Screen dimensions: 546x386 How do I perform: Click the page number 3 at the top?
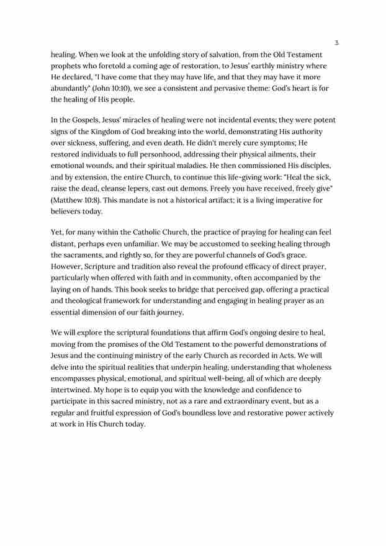click(x=336, y=43)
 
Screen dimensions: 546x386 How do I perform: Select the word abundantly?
click(x=70, y=88)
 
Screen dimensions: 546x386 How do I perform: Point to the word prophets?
click(x=66, y=66)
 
